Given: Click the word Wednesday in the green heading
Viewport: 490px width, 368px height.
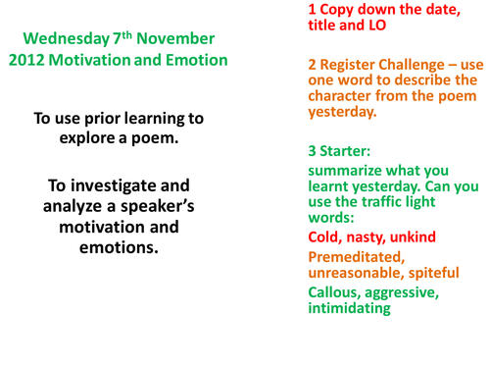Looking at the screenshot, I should tap(63, 39).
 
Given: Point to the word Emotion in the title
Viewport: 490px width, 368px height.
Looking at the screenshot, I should tap(197, 60).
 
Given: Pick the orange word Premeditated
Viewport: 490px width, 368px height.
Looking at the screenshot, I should tap(354, 256).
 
